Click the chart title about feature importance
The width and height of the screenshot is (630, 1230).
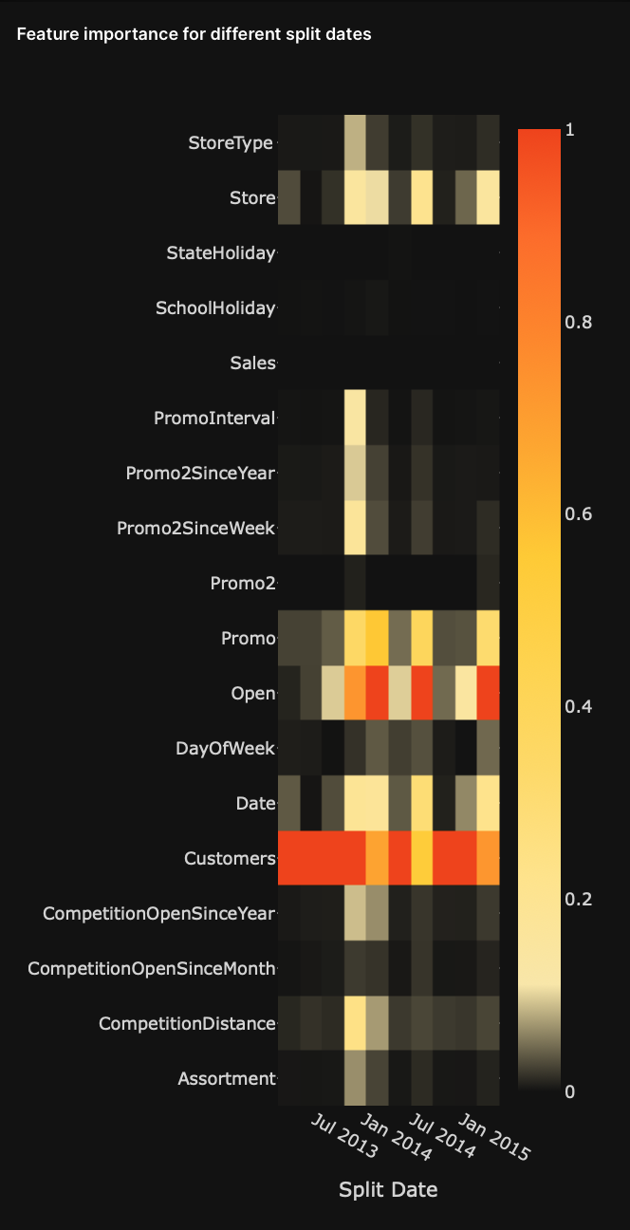click(194, 35)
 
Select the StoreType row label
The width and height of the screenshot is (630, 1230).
click(231, 143)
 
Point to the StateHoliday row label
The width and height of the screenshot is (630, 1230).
click(220, 252)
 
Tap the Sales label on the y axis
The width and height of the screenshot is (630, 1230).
click(252, 363)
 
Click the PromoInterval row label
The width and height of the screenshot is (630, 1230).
click(213, 418)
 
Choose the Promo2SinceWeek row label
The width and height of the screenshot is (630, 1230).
click(195, 528)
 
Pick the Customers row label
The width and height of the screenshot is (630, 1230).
click(229, 859)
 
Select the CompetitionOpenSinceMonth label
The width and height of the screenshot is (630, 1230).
click(152, 969)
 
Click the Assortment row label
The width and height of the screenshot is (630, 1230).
click(226, 1078)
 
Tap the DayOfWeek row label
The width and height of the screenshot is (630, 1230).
click(225, 749)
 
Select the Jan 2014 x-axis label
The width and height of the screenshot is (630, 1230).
click(396, 1137)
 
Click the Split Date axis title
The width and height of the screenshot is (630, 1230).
click(388, 1189)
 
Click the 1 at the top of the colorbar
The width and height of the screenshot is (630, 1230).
click(569, 130)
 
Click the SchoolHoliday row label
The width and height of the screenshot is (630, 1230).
click(214, 307)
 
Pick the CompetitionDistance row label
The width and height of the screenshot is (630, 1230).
click(187, 1024)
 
